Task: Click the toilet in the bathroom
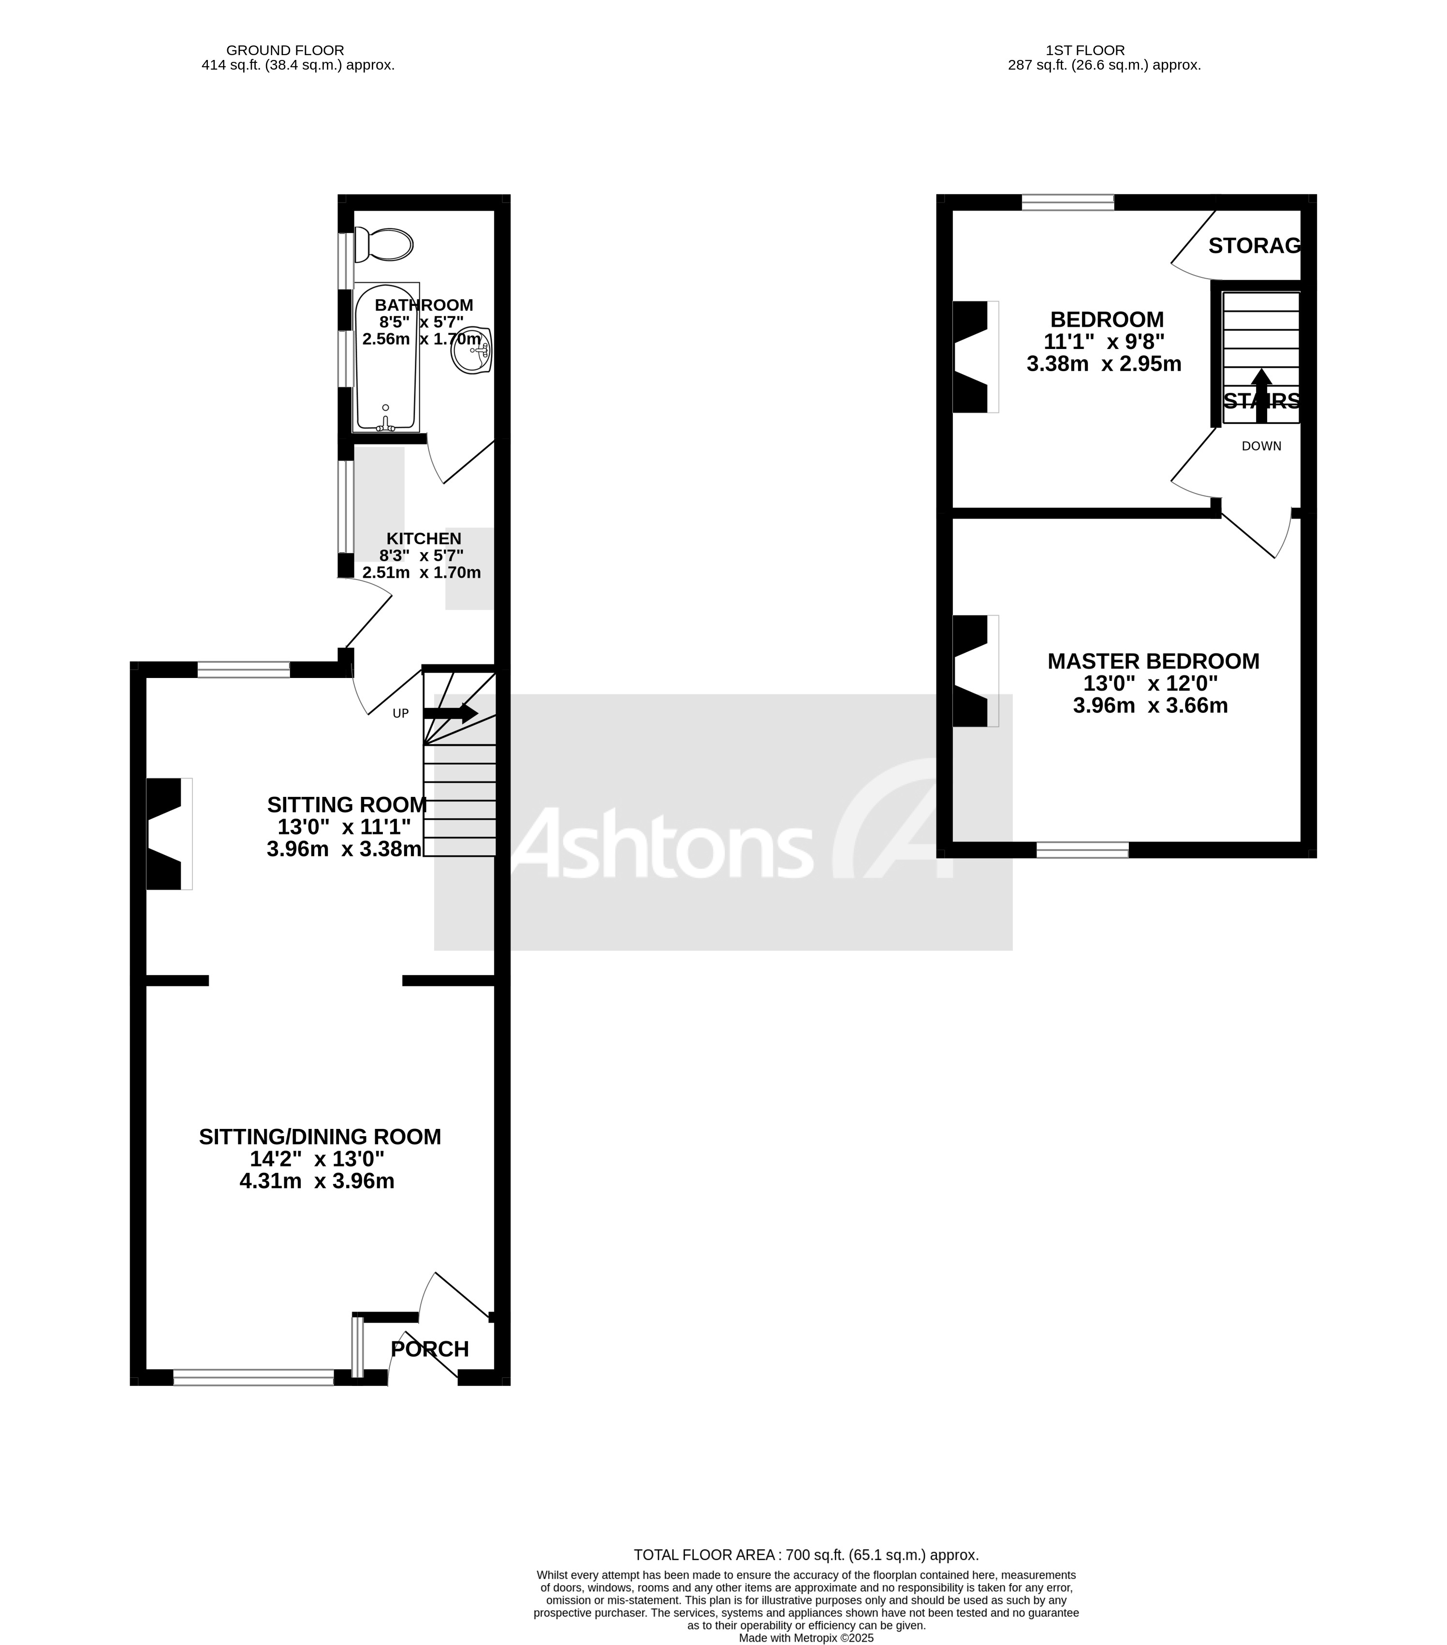coord(385,244)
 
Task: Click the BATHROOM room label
coord(424,305)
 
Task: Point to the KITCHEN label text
coord(424,538)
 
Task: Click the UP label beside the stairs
coord(400,713)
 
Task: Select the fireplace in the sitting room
coord(167,833)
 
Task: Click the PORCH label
coord(430,1349)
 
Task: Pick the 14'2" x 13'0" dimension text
coord(317,1159)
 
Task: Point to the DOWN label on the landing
coord(1261,446)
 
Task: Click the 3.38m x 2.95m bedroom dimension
coord(1104,364)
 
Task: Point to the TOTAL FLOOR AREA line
coord(806,1555)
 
